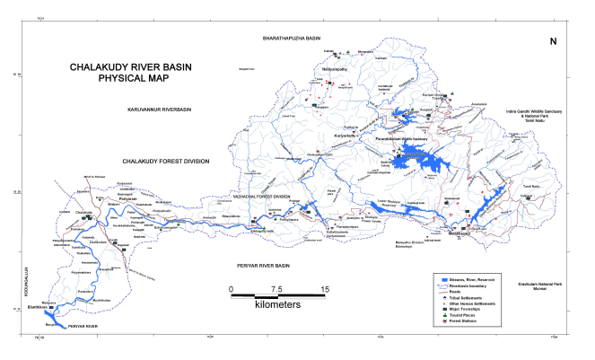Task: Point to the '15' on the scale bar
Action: click(x=322, y=288)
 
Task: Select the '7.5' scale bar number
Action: click(x=276, y=288)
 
